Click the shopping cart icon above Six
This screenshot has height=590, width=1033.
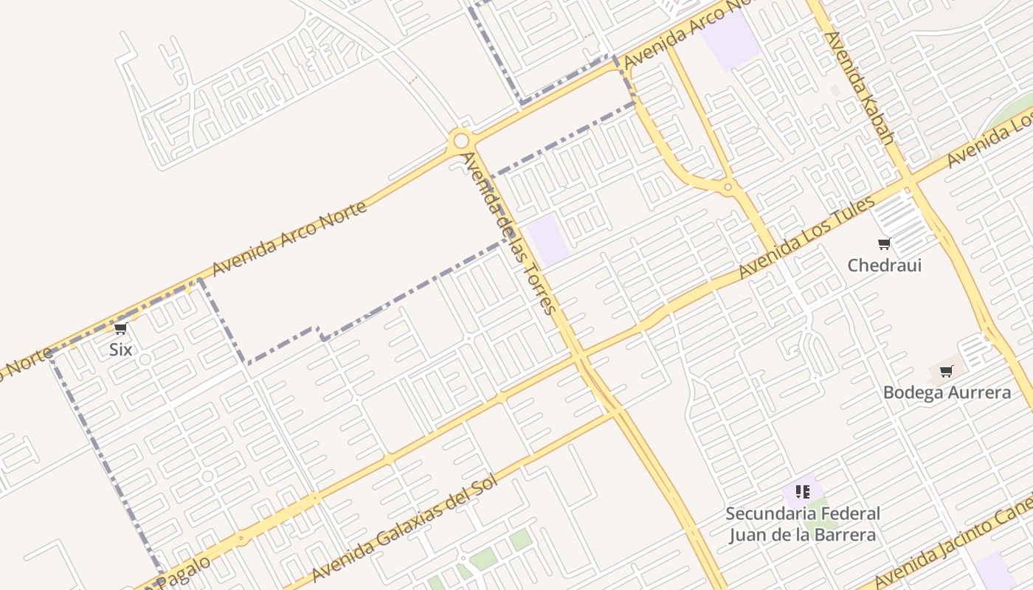click(121, 329)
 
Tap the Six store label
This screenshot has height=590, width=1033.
click(120, 349)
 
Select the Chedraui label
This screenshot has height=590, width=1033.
click(884, 265)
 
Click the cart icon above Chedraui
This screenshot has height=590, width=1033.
click(884, 244)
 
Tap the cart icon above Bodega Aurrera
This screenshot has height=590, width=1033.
click(946, 371)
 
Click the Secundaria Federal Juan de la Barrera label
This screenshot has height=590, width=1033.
click(803, 524)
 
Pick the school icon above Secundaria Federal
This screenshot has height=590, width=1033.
click(803, 491)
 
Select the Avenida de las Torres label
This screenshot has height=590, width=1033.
click(509, 233)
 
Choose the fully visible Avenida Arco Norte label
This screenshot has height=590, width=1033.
click(289, 238)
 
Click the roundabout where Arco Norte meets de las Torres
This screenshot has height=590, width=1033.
click(461, 140)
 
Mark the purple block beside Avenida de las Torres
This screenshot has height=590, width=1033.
click(548, 240)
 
